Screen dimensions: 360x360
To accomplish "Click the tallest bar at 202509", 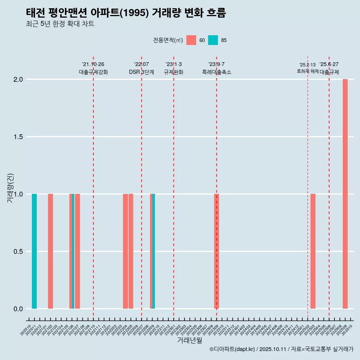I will pyautogui.click(x=345, y=194).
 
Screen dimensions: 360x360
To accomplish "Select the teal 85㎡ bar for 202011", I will pyautogui.click(x=34, y=251).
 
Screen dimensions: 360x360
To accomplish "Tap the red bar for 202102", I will pyautogui.click(x=50, y=251).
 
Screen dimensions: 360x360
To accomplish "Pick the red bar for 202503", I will pyautogui.click(x=313, y=251).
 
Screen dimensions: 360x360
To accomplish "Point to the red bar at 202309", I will pyautogui.click(x=216, y=251).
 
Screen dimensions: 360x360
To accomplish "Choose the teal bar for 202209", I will pyautogui.click(x=154, y=251).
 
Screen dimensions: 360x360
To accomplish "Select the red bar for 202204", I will pyautogui.click(x=125, y=251).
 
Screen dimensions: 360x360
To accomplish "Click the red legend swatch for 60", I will pyautogui.click(x=191, y=40).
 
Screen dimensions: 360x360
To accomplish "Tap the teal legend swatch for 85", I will pyautogui.click(x=213, y=40).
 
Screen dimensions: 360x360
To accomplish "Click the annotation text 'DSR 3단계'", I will pyautogui.click(x=141, y=72).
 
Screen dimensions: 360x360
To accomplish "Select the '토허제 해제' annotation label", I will pyautogui.click(x=307, y=71).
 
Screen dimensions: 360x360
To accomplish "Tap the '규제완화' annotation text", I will pyautogui.click(x=174, y=72).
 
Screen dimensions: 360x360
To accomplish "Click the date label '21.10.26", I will pyautogui.click(x=93, y=64).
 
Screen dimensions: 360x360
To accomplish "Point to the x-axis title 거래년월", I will pyautogui.click(x=189, y=340).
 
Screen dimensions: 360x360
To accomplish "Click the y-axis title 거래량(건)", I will pyautogui.click(x=10, y=188).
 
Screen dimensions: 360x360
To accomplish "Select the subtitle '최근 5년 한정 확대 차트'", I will pyautogui.click(x=60, y=24).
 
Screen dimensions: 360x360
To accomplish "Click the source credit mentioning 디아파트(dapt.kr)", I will pyautogui.click(x=281, y=349).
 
